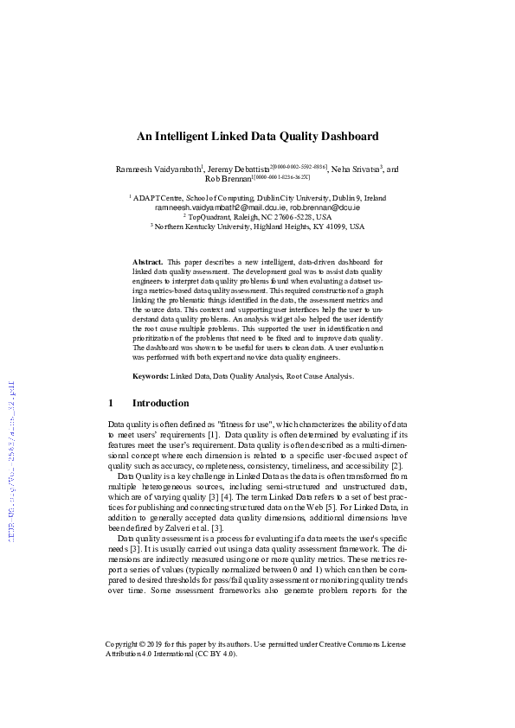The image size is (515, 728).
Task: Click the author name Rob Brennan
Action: click(x=227, y=180)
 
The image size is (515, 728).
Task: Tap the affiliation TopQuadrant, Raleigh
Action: click(x=258, y=218)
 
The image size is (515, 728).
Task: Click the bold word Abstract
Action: click(x=147, y=261)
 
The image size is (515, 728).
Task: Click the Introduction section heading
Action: click(x=160, y=403)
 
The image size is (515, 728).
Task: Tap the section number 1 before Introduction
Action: click(x=111, y=403)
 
